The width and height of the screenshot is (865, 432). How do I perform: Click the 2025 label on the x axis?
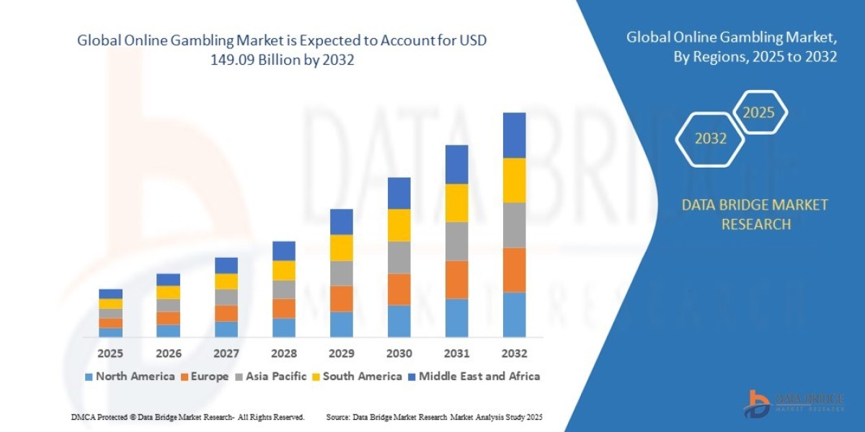pyautogui.click(x=110, y=354)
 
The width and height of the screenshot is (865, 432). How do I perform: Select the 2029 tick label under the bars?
pyautogui.click(x=341, y=354)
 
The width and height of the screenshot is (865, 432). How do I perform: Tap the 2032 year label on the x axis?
pyautogui.click(x=514, y=354)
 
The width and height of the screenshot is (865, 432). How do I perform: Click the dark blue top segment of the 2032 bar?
pyautogui.click(x=514, y=135)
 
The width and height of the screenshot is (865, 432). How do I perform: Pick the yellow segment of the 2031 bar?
pyautogui.click(x=456, y=202)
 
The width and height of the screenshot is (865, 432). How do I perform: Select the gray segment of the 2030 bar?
pyautogui.click(x=399, y=257)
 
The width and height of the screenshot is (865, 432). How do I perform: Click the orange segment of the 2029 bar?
pyautogui.click(x=341, y=298)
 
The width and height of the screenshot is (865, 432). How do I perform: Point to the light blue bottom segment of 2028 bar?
pyautogui.click(x=283, y=327)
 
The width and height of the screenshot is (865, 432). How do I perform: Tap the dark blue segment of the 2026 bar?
pyautogui.click(x=168, y=279)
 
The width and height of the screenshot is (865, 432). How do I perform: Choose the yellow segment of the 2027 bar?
pyautogui.click(x=226, y=281)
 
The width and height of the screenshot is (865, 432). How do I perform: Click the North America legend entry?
pyautogui.click(x=130, y=376)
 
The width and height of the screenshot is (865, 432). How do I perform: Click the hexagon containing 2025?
pyautogui.click(x=758, y=112)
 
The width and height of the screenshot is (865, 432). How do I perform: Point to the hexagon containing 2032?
pyautogui.click(x=710, y=139)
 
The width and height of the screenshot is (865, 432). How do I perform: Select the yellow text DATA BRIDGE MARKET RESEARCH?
pyautogui.click(x=755, y=215)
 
